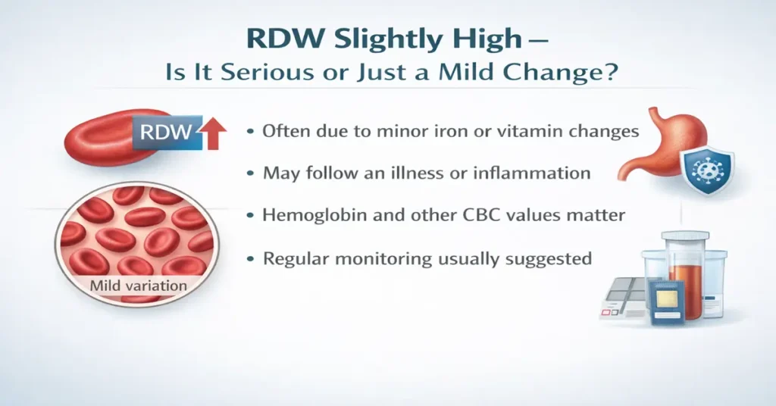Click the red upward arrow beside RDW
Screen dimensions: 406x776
coord(214,134)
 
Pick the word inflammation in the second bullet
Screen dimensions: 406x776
coord(530,173)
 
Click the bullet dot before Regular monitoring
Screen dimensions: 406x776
coord(250,259)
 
